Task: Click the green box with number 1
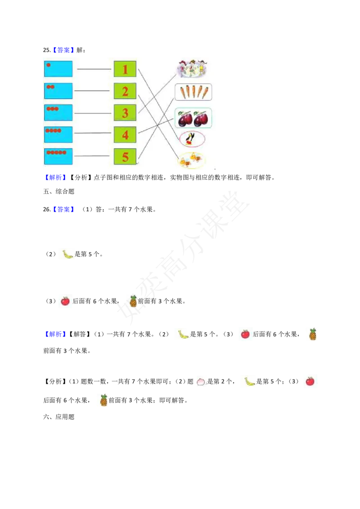point(125,69)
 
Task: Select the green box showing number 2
point(125,91)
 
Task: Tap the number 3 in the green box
point(125,113)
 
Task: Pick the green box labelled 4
point(125,134)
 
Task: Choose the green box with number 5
point(125,156)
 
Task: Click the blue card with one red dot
point(58,69)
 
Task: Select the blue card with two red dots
point(58,91)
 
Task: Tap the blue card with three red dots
point(58,112)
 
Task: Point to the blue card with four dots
point(58,134)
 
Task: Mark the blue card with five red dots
point(58,156)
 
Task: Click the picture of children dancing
point(193,68)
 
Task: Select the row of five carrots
point(193,92)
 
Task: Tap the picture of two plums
point(193,118)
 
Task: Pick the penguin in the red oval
point(192,139)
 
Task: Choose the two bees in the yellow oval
point(192,161)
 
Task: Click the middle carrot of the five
point(194,92)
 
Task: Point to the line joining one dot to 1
point(94,69)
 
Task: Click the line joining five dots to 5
point(92,156)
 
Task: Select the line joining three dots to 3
point(92,113)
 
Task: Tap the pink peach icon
point(200,382)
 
